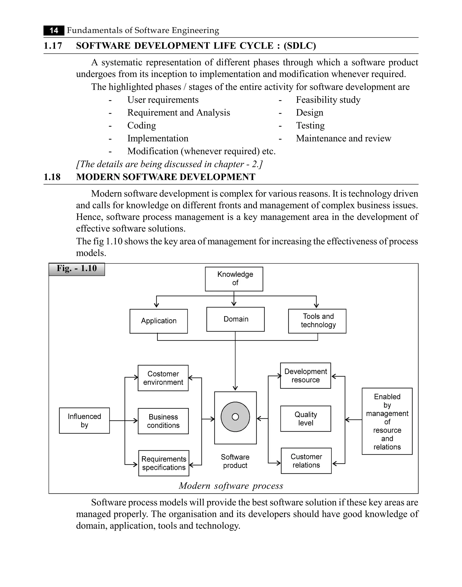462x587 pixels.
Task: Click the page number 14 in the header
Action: (x=54, y=30)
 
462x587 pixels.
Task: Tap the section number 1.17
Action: (x=53, y=46)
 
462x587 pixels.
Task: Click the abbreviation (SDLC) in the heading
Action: (x=300, y=46)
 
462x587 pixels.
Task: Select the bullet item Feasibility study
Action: (x=328, y=100)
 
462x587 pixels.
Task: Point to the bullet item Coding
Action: (x=141, y=125)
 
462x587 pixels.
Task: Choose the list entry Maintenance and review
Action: (x=343, y=138)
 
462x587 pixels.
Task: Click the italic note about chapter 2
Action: (x=169, y=164)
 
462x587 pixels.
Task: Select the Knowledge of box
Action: (x=234, y=279)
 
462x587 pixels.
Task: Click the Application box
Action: (x=159, y=321)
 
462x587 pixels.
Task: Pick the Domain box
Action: (x=235, y=319)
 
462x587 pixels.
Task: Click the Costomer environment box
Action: (x=163, y=378)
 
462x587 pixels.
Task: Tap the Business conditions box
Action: (x=163, y=421)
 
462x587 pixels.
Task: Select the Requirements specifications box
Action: (x=164, y=463)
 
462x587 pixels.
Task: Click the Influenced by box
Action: (x=84, y=420)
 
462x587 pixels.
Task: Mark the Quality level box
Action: (x=305, y=419)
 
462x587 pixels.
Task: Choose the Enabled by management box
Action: (x=387, y=421)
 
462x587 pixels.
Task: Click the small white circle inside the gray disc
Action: (x=235, y=417)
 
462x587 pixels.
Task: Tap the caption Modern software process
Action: (x=231, y=486)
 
